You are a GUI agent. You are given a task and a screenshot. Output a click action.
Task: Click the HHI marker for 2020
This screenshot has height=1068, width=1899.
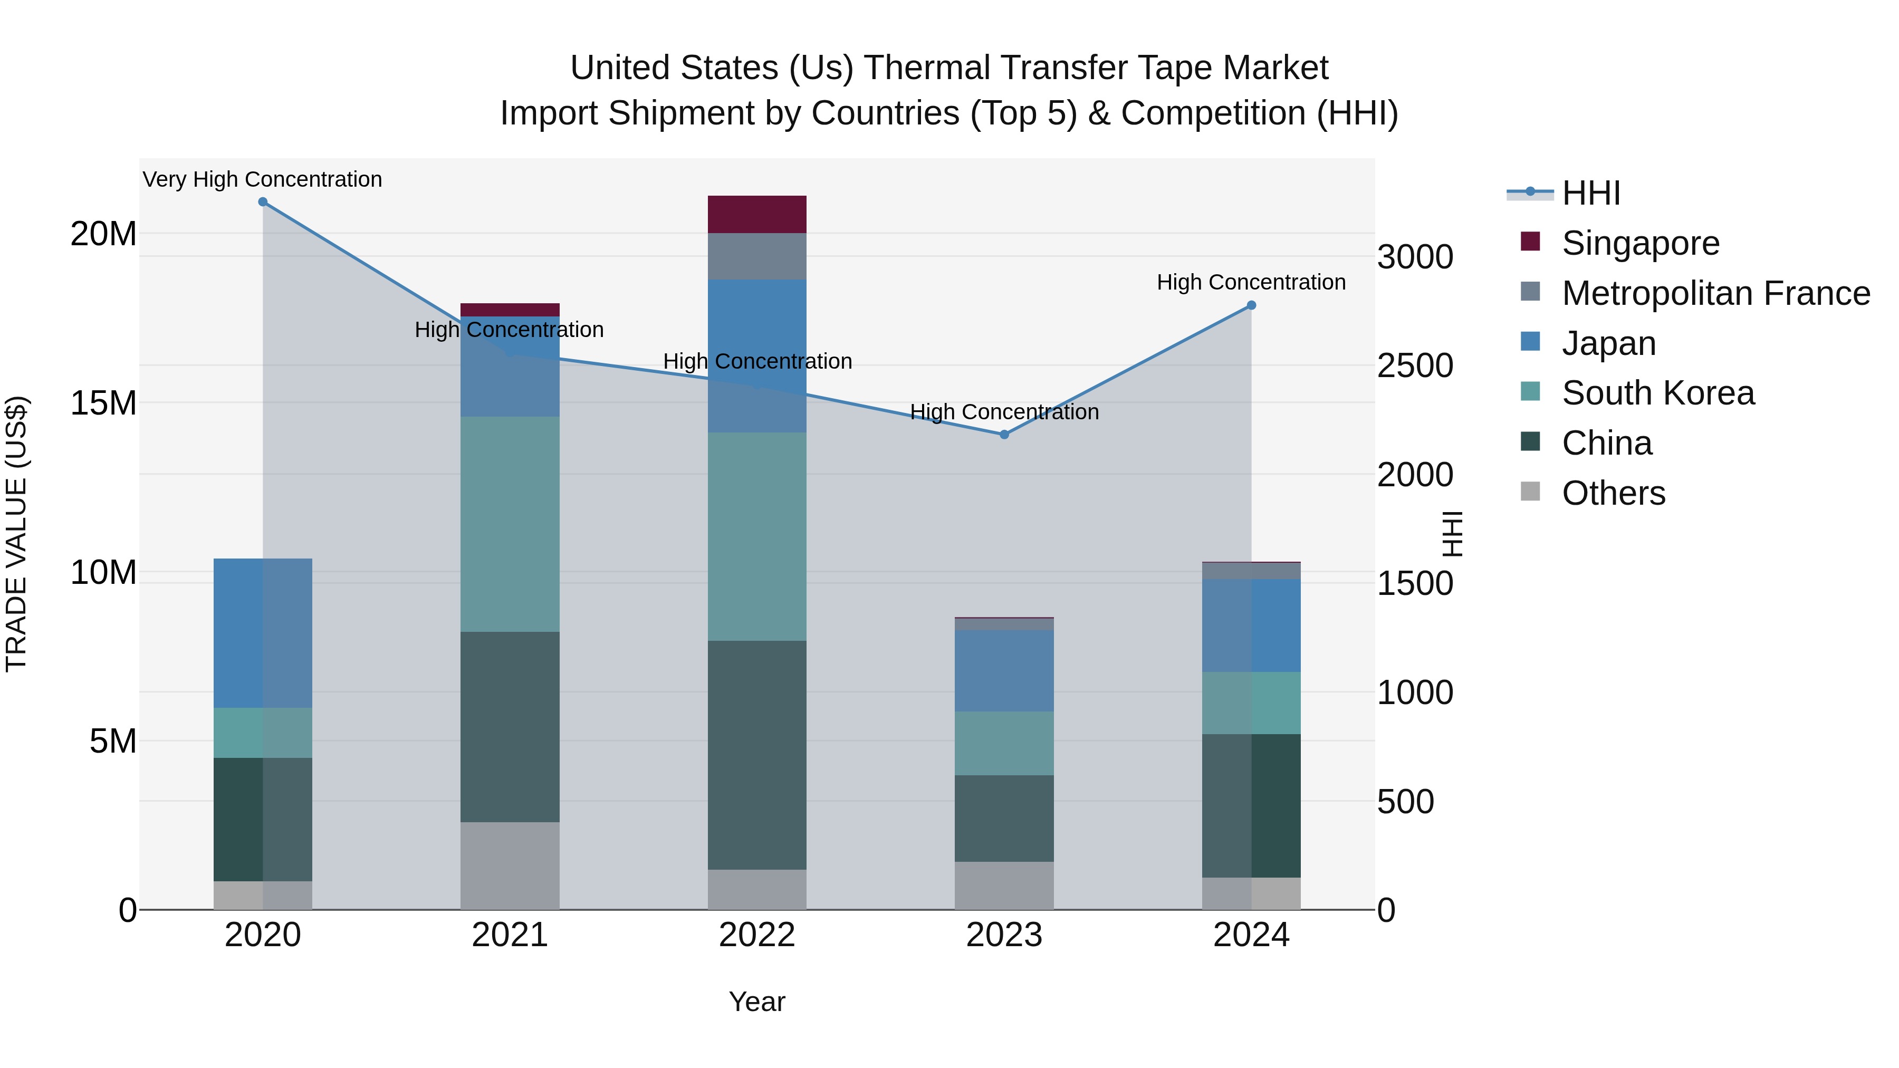point(263,202)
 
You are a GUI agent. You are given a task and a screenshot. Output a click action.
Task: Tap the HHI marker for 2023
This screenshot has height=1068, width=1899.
point(1004,435)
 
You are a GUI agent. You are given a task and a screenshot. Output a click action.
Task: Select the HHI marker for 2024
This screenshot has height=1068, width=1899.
point(1251,305)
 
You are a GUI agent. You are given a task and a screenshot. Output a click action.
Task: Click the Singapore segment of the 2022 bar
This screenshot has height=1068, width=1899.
point(757,215)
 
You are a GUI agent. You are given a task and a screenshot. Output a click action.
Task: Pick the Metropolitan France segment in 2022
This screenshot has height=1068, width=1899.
point(757,256)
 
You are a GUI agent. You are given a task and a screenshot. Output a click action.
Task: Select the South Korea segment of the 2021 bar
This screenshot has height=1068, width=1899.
point(510,524)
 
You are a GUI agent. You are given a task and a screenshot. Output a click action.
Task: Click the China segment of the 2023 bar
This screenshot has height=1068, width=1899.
point(1004,818)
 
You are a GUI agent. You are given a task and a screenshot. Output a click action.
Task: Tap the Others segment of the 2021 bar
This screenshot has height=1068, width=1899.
point(510,866)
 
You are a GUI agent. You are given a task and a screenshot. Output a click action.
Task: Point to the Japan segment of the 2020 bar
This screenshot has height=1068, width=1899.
point(263,633)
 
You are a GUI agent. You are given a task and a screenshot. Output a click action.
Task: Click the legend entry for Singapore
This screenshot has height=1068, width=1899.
point(1639,243)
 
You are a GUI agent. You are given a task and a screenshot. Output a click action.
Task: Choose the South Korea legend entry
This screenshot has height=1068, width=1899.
point(1657,393)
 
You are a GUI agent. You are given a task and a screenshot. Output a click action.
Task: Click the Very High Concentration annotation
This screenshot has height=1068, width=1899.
point(263,179)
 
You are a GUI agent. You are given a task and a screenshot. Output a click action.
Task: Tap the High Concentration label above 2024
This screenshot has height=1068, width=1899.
point(1251,282)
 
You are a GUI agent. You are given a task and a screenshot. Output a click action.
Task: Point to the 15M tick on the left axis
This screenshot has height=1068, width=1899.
point(103,403)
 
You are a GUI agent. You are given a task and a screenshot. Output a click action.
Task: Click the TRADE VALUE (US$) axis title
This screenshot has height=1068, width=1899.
point(16,534)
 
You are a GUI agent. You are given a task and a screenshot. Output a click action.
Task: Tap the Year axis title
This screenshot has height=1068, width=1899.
point(757,1003)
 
